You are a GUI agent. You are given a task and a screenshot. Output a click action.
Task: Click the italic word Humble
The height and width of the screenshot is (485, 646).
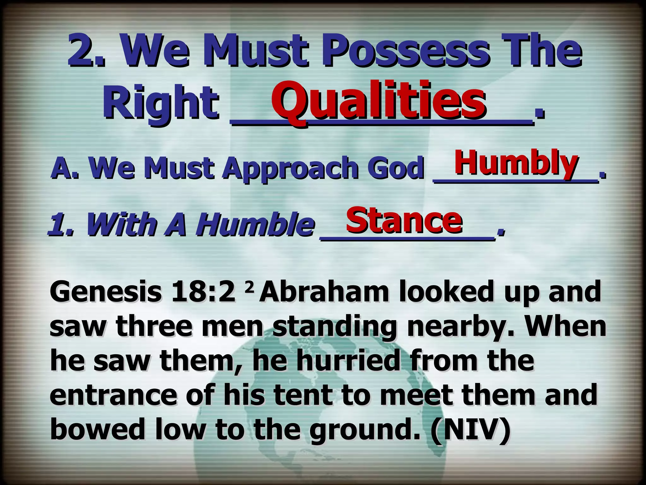coord(255,225)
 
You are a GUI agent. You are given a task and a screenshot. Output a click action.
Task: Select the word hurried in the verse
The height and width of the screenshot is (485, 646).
coord(347,361)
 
